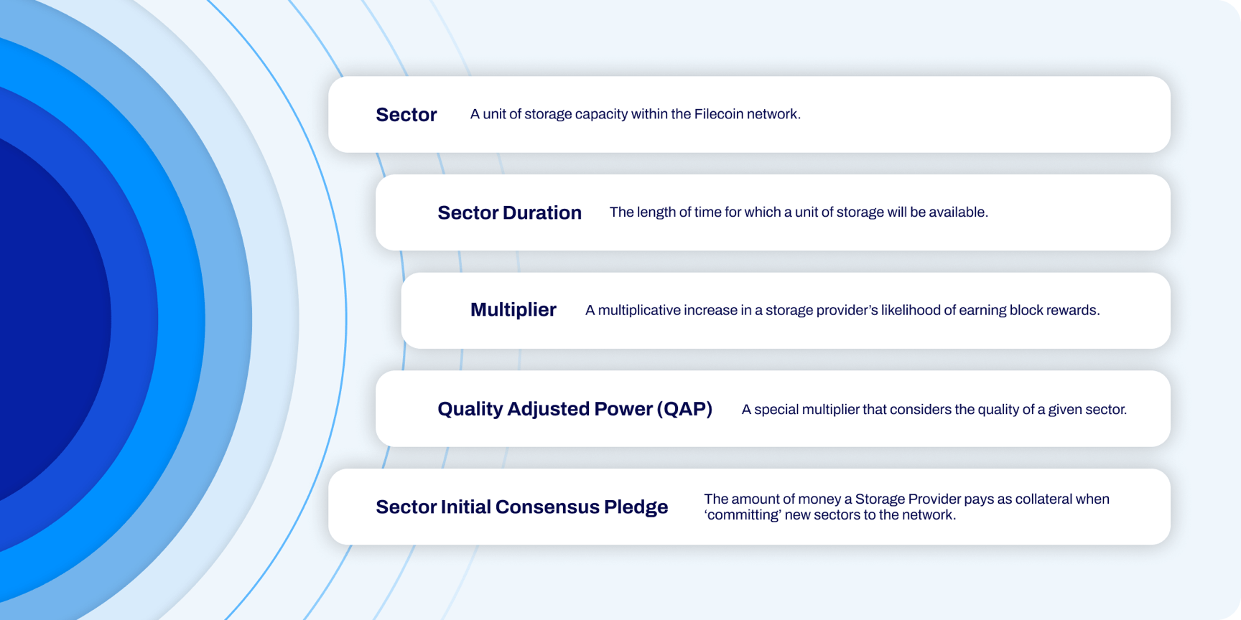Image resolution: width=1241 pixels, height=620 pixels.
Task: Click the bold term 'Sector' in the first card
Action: point(406,115)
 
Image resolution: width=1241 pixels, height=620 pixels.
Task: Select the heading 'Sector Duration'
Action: point(509,212)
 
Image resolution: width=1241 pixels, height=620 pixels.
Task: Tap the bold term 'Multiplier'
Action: point(513,310)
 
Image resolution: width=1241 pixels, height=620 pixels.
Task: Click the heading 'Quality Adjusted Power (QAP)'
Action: point(575,409)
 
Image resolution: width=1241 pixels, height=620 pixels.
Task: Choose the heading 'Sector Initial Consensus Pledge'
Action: point(522,507)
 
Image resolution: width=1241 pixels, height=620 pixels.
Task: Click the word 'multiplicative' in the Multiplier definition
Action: point(639,311)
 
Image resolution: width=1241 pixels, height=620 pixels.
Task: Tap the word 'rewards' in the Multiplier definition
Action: point(1074,310)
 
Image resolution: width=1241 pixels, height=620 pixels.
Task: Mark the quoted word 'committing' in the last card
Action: point(743,515)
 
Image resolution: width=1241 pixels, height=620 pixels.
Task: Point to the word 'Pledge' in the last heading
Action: point(636,507)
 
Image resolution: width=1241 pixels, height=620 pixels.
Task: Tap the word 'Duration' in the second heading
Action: point(542,212)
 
